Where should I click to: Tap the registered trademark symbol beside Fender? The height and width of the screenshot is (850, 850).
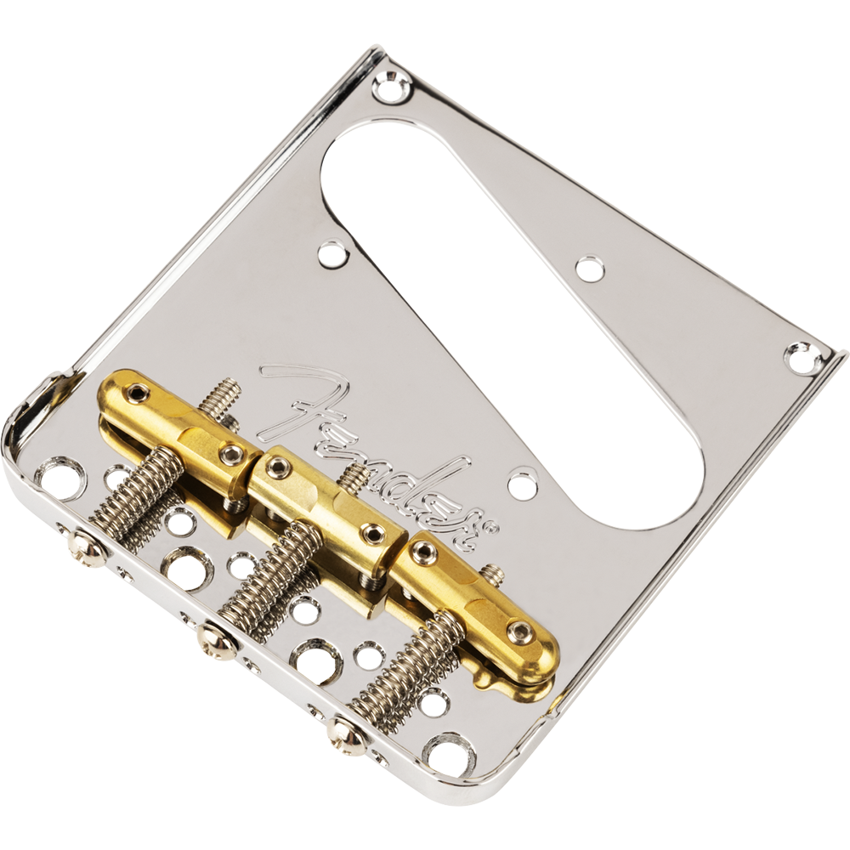[492, 527]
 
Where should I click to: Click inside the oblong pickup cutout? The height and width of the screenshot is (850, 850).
[510, 323]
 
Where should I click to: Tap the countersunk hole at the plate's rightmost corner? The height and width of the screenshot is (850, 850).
[802, 357]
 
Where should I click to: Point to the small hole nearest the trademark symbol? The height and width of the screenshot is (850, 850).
[522, 484]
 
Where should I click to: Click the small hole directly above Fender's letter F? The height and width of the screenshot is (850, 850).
[332, 252]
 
